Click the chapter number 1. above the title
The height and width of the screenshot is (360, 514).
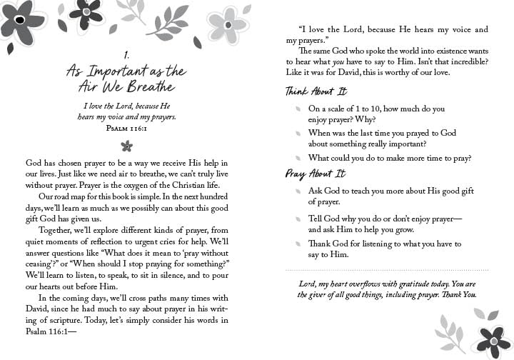pos(126,54)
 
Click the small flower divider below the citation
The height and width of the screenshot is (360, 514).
pos(127,146)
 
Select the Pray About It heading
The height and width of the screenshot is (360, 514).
pos(315,174)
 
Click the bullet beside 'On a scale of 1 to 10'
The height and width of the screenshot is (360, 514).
pos(297,109)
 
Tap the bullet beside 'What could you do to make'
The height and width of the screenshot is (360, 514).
pos(297,158)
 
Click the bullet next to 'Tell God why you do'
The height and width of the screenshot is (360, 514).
pos(297,219)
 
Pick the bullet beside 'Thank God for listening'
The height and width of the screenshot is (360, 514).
pos(297,244)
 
